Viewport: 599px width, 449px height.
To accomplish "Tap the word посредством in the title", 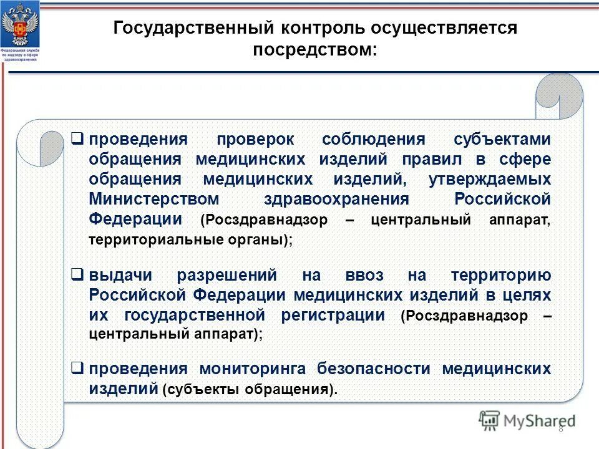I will tap(314, 50).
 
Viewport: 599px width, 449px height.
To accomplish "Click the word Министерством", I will tap(154, 199).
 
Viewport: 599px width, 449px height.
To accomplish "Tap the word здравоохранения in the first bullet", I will tap(336, 199).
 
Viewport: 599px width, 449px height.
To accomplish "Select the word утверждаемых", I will tap(490, 179).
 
